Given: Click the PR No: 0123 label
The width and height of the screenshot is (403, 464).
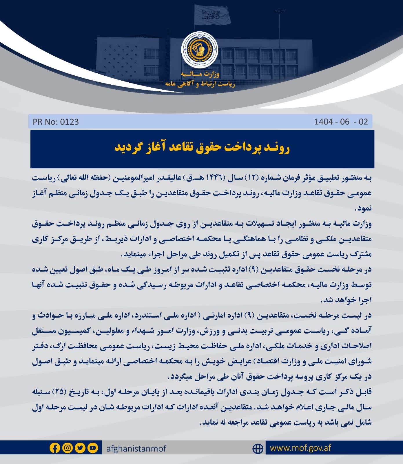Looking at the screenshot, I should tap(56, 122).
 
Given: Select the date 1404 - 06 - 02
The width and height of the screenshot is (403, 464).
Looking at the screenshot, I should tap(341, 122).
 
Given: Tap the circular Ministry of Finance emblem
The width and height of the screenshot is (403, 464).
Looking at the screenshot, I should tap(200, 50).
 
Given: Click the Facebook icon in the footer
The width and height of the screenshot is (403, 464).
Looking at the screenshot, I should tap(55, 448).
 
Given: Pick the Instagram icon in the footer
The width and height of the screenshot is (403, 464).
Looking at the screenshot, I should tap(68, 448).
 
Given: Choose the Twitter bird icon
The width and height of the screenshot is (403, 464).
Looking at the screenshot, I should tap(80, 448).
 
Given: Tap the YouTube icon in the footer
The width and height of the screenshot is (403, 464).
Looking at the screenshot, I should tap(92, 448).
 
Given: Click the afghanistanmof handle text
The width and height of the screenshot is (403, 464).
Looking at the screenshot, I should tap(136, 449).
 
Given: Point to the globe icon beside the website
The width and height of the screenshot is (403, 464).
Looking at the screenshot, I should tap(258, 449).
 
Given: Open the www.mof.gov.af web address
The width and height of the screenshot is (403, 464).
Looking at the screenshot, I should tap(300, 448).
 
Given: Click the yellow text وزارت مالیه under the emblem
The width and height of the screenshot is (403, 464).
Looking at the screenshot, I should tap(200, 74).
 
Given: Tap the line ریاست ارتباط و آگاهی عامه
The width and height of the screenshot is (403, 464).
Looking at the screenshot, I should tap(200, 84).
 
